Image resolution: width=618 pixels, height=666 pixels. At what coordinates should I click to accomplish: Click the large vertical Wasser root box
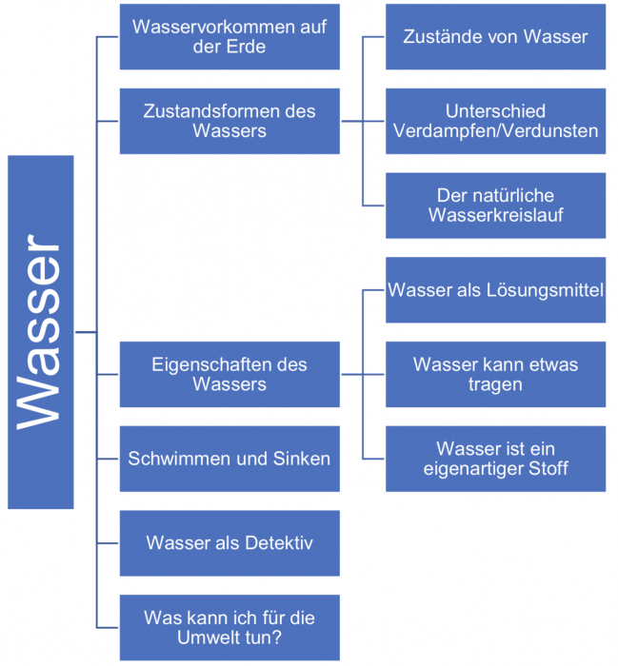tap(40, 332)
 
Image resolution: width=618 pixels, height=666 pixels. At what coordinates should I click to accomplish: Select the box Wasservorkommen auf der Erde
tap(229, 36)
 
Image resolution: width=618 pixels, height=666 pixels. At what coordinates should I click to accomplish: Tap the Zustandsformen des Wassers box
tap(229, 121)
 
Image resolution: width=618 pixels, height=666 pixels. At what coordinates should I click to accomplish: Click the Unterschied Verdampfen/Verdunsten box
tap(495, 121)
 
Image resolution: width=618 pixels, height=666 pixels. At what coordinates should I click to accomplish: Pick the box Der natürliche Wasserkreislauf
tap(495, 205)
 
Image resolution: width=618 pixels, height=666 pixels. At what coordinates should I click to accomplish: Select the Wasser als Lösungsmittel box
tap(495, 289)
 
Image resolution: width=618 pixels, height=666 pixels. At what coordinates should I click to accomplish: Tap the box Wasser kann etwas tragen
tap(495, 374)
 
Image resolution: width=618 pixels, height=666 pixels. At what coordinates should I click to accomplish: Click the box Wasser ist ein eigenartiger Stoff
tap(495, 459)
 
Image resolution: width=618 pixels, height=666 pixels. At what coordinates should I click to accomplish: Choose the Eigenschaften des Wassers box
tap(229, 374)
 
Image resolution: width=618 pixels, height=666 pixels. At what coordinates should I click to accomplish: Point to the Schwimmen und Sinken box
tap(229, 459)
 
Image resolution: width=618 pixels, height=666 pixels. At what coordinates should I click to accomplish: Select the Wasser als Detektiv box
tap(229, 543)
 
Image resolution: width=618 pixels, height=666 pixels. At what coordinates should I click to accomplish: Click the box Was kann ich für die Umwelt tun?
tap(229, 627)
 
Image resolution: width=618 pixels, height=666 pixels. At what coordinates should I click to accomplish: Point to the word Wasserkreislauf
tap(495, 215)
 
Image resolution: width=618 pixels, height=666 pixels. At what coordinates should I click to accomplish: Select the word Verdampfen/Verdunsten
tap(495, 131)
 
